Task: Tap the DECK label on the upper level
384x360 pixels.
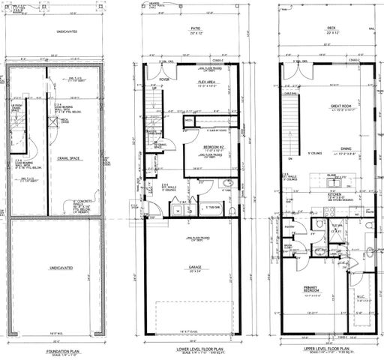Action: click(x=326, y=29)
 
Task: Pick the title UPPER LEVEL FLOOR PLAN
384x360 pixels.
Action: click(x=324, y=350)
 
